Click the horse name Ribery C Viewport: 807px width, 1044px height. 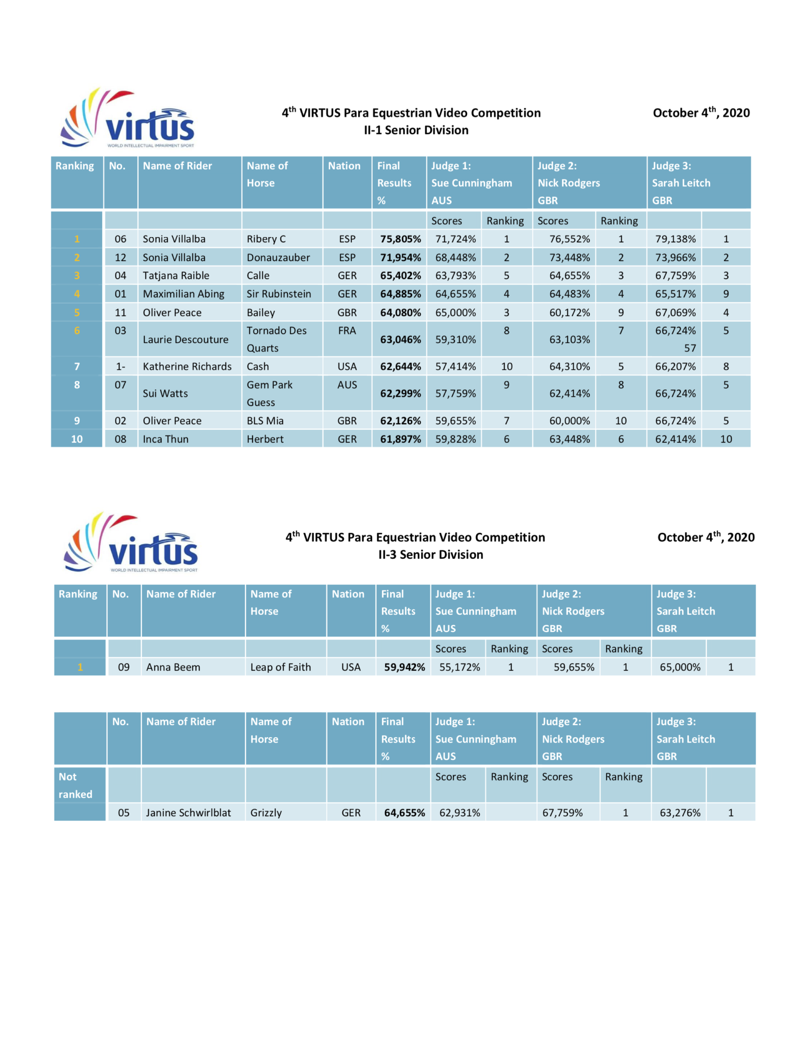coord(266,239)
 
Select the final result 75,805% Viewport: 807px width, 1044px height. coord(400,239)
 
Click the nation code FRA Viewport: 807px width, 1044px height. coord(347,331)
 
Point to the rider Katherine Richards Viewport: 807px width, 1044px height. coord(187,367)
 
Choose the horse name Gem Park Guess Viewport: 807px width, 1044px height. coord(269,394)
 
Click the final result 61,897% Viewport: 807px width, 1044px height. coord(400,439)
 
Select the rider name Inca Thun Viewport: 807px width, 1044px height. coord(166,439)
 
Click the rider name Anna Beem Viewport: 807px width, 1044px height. coord(173,667)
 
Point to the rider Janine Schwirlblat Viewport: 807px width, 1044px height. coord(188,813)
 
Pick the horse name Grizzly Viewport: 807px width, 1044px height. coord(266,813)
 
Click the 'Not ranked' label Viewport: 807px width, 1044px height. coord(75,786)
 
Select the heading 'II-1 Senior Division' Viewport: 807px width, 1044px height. coord(416,130)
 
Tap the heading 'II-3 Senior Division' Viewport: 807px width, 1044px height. coord(430,555)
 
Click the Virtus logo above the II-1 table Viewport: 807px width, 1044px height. coord(128,119)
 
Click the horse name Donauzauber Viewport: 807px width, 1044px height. coord(278,258)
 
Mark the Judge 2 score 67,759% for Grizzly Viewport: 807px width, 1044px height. coord(562,813)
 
